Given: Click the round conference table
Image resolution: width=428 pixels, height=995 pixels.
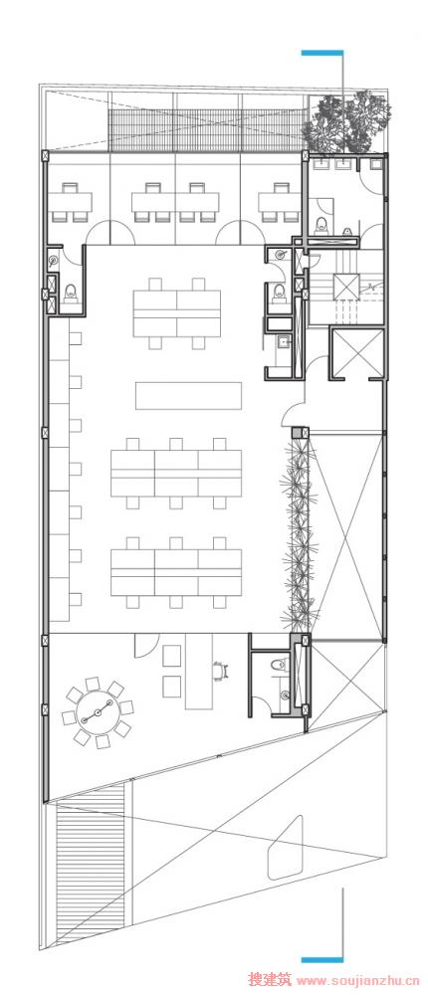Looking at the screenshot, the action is coord(98,712).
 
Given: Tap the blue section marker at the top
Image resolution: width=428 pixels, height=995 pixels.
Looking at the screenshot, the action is coord(321,53).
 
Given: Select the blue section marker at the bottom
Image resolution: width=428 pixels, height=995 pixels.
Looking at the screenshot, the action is coord(321,959).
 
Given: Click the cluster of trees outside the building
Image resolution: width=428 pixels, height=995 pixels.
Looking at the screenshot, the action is coord(346,121).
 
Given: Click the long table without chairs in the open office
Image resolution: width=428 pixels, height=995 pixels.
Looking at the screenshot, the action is coord(188,395).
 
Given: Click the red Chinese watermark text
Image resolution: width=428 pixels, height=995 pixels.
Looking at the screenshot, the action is coord(270,980).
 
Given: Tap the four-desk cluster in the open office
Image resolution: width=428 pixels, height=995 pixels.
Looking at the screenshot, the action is coord(177,313).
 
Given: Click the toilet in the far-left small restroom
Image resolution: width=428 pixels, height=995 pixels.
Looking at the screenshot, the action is coord(71,292).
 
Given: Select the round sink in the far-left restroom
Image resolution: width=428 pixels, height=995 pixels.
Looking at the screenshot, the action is coord(54,259).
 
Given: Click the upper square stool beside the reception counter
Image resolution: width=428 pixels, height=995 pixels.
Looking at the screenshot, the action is coord(171,656).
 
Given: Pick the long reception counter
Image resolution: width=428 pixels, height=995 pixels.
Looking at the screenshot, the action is coord(197,673).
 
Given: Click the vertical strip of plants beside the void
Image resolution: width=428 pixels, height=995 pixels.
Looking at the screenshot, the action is coord(296,531).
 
